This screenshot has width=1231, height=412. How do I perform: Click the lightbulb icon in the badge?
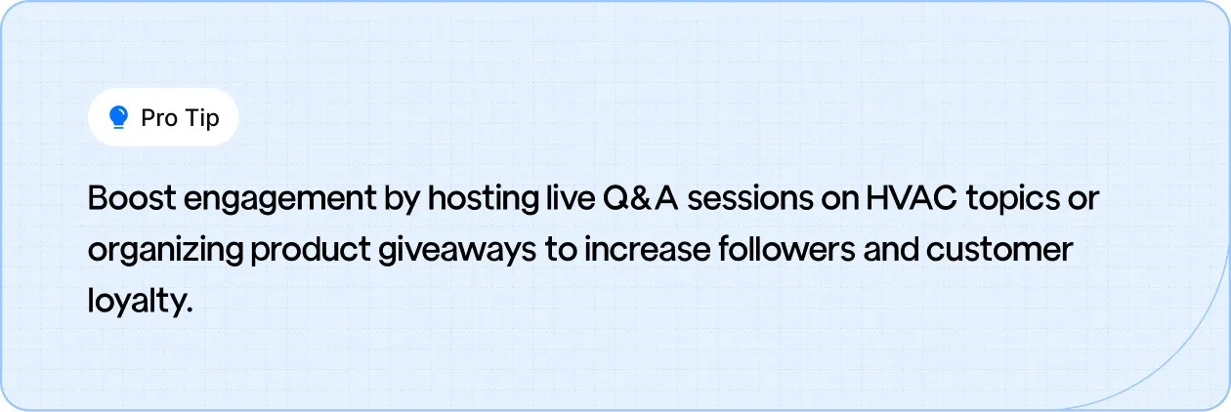[x=119, y=118]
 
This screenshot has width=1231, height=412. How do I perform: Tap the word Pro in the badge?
[x=159, y=118]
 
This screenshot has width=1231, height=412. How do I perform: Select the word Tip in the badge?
[x=201, y=118]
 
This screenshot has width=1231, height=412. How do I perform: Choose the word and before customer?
[x=892, y=250]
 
